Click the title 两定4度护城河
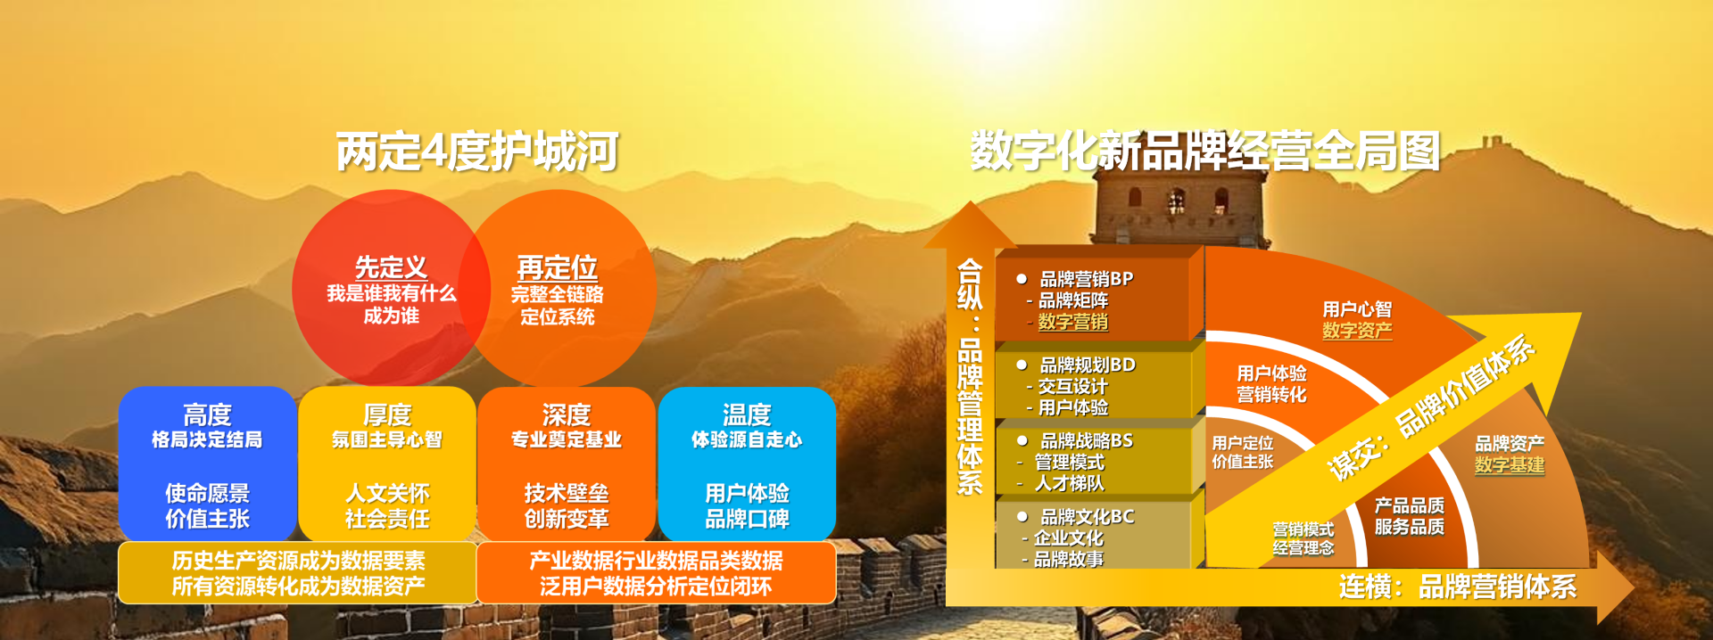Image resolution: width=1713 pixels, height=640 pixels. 477,152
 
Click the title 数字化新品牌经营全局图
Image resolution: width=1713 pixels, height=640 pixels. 1205,151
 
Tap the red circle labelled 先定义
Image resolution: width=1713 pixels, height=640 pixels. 391,287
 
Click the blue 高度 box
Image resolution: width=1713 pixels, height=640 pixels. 207,464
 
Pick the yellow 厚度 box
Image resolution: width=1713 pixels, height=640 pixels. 387,464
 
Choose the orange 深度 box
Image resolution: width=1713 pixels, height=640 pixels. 567,464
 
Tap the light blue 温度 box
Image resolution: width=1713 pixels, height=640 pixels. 747,464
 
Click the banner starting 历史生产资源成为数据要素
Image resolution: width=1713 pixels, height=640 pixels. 298,573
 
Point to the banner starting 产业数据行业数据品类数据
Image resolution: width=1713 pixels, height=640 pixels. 656,573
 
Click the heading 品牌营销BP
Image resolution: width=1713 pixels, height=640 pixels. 1087,279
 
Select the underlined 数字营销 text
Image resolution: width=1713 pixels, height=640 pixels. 1073,322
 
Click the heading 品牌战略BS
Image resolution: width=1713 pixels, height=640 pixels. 1087,440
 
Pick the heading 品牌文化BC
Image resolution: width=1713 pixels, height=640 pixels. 1088,516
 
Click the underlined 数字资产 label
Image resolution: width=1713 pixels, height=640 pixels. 1357,331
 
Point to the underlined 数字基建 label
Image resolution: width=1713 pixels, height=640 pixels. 1510,464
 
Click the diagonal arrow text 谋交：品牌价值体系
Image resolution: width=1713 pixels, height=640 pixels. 1430,408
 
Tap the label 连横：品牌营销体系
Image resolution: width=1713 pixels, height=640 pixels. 1458,587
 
